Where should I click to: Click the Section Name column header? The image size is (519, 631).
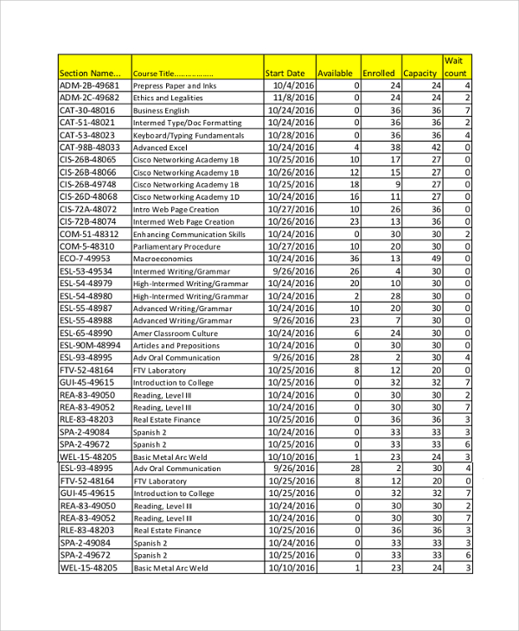click(94, 73)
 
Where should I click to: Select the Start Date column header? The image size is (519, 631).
click(285, 73)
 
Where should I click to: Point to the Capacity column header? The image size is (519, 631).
click(420, 73)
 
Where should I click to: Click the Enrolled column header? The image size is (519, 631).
click(378, 73)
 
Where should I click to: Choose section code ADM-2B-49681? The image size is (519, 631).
click(89, 86)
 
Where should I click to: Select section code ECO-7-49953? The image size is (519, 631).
click(85, 258)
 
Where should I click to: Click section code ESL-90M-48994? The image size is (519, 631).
click(90, 345)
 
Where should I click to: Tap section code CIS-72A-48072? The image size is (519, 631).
click(88, 209)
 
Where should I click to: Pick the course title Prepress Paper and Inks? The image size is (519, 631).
click(174, 86)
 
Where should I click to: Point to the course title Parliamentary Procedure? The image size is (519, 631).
click(176, 246)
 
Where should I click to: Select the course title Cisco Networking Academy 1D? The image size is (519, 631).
click(186, 197)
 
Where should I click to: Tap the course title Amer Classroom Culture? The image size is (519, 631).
click(176, 333)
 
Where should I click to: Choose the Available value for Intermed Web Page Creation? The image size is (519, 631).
click(353, 221)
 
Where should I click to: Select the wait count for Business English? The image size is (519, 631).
click(467, 111)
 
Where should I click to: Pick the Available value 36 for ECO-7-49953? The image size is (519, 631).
click(353, 258)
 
